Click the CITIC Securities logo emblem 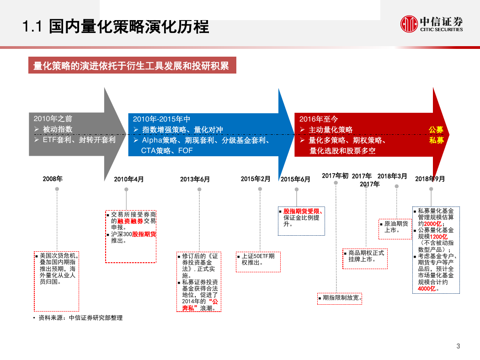point(409,24)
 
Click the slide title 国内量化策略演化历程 point(129,26)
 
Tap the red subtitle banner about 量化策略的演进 point(132,65)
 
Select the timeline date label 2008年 point(53,179)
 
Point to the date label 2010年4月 point(129,179)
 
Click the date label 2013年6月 point(195,179)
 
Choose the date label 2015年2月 point(256,179)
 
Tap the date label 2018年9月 point(430,179)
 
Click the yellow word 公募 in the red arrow point(436,130)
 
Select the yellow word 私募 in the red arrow point(436,140)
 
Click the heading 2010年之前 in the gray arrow point(53,119)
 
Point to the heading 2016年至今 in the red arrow point(319,119)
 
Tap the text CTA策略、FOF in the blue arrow point(167,151)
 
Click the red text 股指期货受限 point(302,212)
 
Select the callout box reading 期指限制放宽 point(340,298)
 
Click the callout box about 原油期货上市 point(395,229)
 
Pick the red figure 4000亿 point(427,289)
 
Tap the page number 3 point(458,346)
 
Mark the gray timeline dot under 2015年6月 point(297,189)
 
